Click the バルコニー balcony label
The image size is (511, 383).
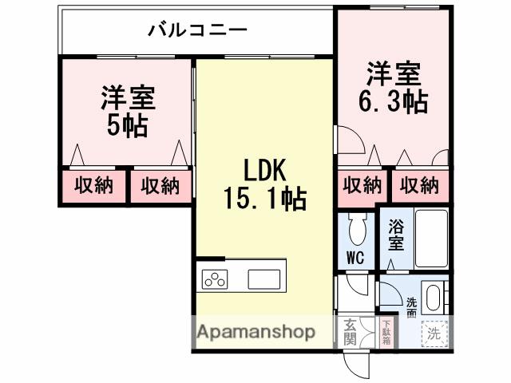pyautogui.click(x=197, y=30)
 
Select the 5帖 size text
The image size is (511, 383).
pyautogui.click(x=127, y=126)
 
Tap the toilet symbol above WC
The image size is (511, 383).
pyautogui.click(x=355, y=230)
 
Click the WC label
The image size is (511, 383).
pyautogui.click(x=355, y=257)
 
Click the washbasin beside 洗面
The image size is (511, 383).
pyautogui.click(x=434, y=298)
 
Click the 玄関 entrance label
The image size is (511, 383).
pyautogui.click(x=351, y=332)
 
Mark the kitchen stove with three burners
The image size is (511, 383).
pyautogui.click(x=215, y=279)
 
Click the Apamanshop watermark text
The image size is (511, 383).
pyautogui.click(x=256, y=332)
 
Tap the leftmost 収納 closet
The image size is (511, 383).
pyautogui.click(x=94, y=186)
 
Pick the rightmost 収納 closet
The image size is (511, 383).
pyautogui.click(x=420, y=185)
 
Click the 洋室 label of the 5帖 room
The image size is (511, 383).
pyautogui.click(x=128, y=98)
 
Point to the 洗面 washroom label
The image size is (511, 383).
pyautogui.click(x=411, y=308)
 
